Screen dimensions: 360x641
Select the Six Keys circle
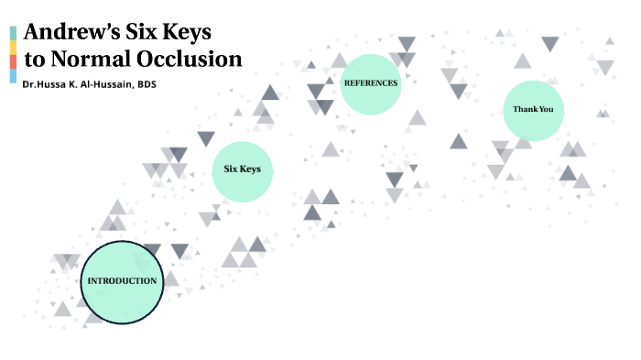pyautogui.click(x=243, y=170)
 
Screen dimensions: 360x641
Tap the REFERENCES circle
pyautogui.click(x=371, y=83)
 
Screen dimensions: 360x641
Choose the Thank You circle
pyautogui.click(x=533, y=110)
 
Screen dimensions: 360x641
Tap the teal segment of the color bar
pyautogui.click(x=13, y=33)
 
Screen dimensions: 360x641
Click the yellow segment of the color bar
pyautogui.click(x=13, y=48)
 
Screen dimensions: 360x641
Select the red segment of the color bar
pyautogui.click(x=13, y=61)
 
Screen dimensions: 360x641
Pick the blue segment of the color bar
pyautogui.click(x=13, y=76)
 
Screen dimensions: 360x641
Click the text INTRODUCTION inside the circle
pyautogui.click(x=121, y=280)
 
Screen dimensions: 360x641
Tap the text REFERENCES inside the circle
pyautogui.click(x=371, y=83)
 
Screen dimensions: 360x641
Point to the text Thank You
pyautogui.click(x=533, y=110)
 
